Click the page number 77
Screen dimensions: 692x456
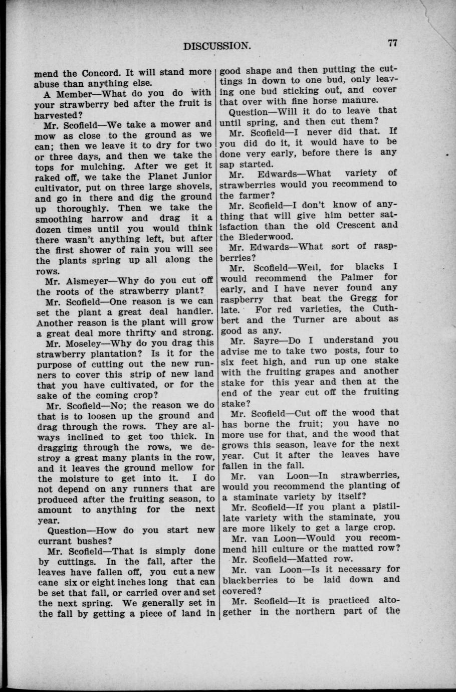click(392, 43)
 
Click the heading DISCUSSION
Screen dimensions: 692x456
click(216, 47)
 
